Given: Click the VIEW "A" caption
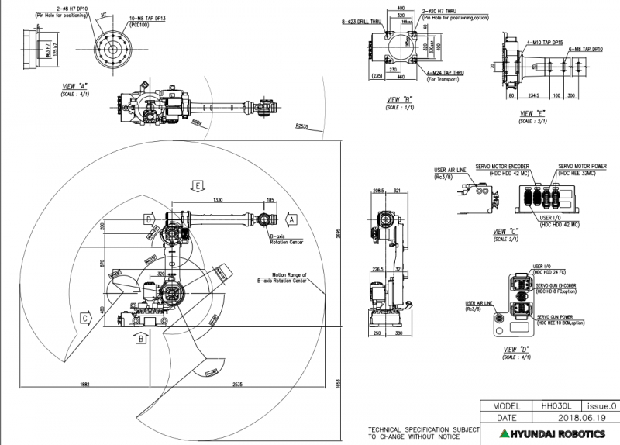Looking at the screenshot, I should pyautogui.click(x=76, y=87).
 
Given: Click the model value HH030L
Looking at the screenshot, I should pyautogui.click(x=556, y=405).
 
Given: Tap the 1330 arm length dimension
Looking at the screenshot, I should pyautogui.click(x=219, y=200).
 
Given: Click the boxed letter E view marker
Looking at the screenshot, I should pyautogui.click(x=199, y=186).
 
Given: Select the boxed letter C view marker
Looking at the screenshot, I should pyautogui.click(x=84, y=318).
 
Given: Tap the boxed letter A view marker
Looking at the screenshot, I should pyautogui.click(x=291, y=219).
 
